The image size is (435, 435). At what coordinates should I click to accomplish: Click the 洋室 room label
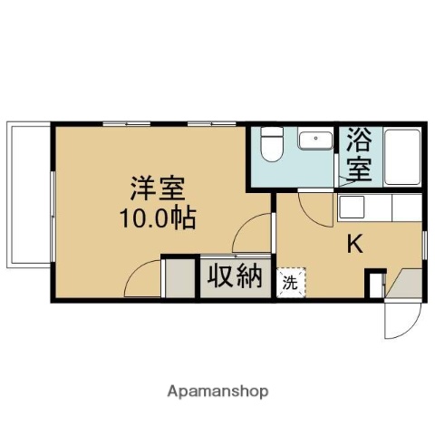click(x=158, y=190)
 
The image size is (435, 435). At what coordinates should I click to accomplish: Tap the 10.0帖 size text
click(x=158, y=218)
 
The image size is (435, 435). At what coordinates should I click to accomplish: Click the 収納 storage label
click(x=233, y=275)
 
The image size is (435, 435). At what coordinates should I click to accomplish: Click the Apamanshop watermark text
click(x=217, y=392)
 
